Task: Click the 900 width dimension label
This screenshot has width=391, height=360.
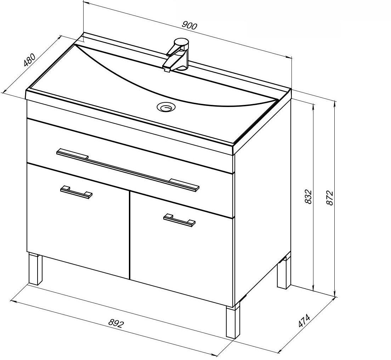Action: pos(189,26)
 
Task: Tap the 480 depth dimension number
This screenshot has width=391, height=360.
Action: pos(29,60)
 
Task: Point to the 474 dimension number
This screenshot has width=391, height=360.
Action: pos(304,321)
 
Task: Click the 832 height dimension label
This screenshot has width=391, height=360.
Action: pos(308,197)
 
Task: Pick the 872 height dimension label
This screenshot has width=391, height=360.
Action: pos(329,198)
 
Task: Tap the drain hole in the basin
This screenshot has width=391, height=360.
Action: pos(166,107)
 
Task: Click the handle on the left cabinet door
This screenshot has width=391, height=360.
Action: pos(76,192)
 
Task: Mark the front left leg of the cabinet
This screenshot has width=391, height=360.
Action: pos(35,269)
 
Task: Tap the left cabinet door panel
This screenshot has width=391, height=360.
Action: pos(78,221)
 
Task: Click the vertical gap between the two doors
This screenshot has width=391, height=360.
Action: pos(130,235)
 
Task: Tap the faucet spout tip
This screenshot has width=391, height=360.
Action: pos(167,69)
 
